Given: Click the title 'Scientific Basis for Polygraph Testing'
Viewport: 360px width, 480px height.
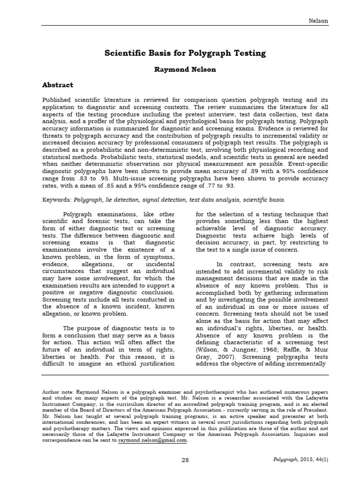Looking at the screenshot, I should (185, 53).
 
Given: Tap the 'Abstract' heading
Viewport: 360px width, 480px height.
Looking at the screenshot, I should (58, 85).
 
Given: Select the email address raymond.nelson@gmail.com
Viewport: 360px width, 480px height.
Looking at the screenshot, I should (152, 440).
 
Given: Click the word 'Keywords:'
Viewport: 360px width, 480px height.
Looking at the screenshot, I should (57, 199).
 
